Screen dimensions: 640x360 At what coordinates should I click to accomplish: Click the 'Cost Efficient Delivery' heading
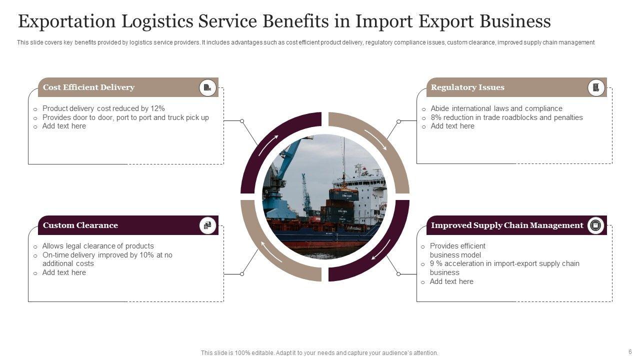click(x=88, y=87)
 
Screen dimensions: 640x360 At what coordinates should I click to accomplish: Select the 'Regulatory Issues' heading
click(x=467, y=87)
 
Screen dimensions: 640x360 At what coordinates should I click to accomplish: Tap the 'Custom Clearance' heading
click(x=80, y=225)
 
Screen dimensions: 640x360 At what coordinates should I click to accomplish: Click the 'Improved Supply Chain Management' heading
click(x=507, y=225)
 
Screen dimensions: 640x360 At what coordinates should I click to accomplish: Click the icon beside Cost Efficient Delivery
click(x=207, y=87)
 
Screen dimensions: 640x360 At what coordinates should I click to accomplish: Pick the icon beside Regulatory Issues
click(x=595, y=87)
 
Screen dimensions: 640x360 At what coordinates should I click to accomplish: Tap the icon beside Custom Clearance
click(x=207, y=225)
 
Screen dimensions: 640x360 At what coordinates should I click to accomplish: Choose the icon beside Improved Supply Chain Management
click(x=595, y=225)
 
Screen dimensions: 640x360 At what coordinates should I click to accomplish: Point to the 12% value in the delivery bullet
click(x=157, y=108)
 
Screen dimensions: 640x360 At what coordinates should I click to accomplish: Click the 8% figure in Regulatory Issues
click(x=435, y=117)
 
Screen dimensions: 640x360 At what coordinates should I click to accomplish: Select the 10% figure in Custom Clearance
click(x=146, y=255)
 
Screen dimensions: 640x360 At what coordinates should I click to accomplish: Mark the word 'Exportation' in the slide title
click(x=67, y=21)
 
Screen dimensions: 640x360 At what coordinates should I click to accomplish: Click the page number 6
click(x=630, y=351)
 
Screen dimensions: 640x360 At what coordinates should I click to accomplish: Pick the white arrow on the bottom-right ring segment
click(x=381, y=249)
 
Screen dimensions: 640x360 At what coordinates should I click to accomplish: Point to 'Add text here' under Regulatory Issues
click(x=452, y=126)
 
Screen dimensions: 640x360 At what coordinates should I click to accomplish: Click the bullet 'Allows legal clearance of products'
click(x=98, y=246)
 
